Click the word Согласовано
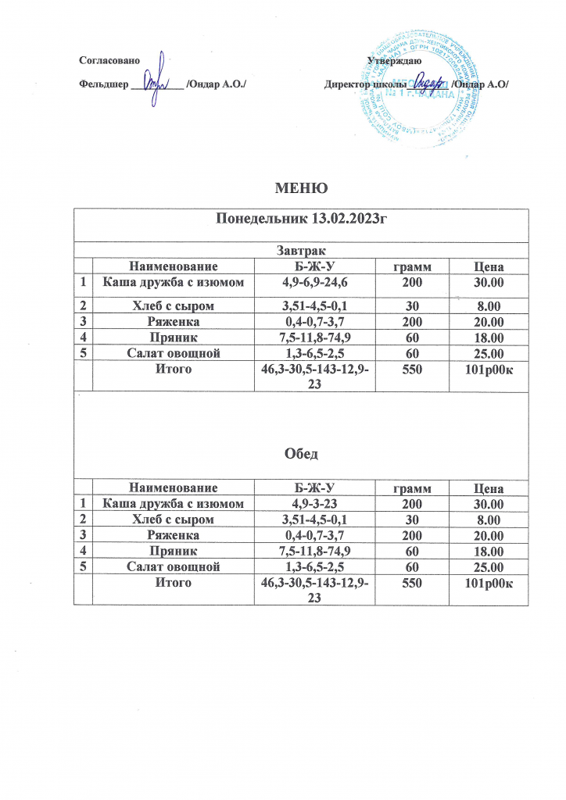click(x=109, y=61)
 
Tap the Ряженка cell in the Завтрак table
click(x=174, y=321)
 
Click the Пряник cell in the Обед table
click(x=174, y=552)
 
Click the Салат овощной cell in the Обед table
click(x=174, y=567)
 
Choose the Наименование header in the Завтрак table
click(x=174, y=266)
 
